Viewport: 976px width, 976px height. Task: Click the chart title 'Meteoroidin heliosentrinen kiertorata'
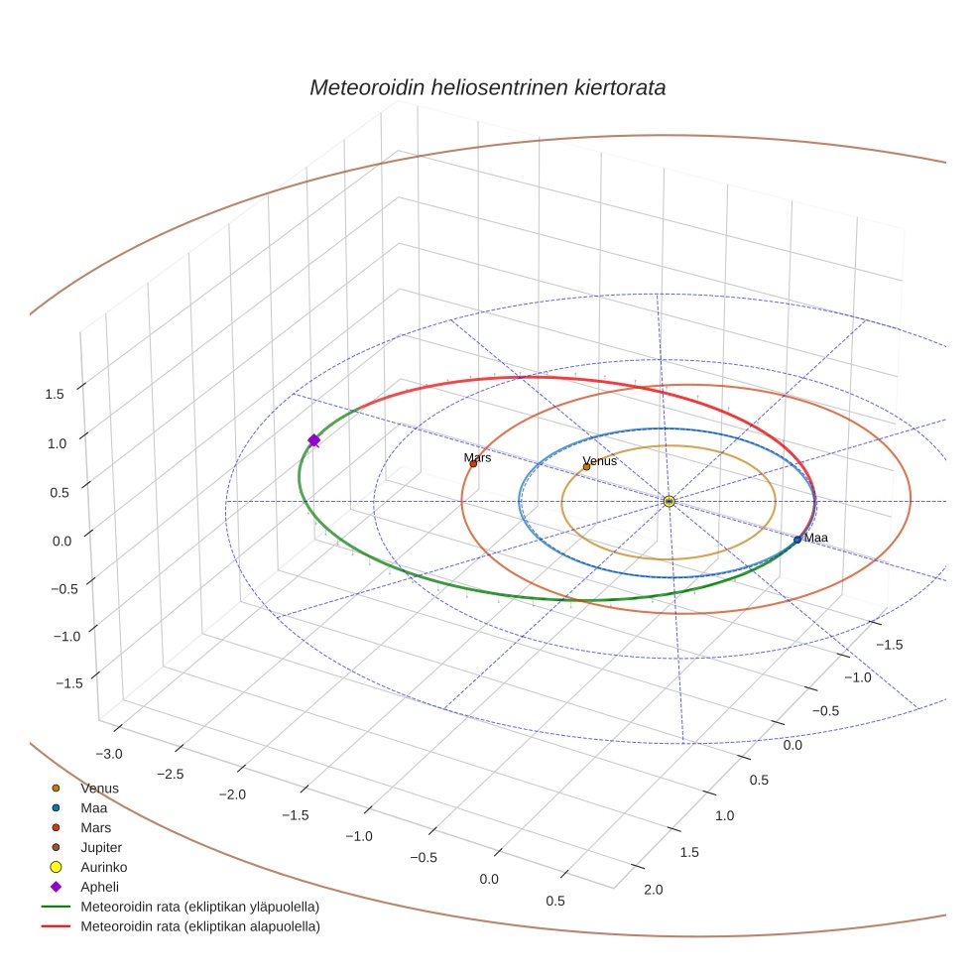click(x=487, y=87)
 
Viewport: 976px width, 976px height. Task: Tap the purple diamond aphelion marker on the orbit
click(x=314, y=440)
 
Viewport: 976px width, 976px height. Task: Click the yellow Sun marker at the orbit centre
click(x=670, y=502)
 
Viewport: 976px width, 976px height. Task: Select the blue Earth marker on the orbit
click(x=797, y=540)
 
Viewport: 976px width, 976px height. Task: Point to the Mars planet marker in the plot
click(x=473, y=463)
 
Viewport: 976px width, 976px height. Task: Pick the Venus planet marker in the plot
click(x=586, y=467)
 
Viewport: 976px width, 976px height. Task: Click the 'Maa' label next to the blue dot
click(x=816, y=538)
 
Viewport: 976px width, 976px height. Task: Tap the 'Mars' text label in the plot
click(x=477, y=457)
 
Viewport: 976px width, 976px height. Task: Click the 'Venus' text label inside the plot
click(x=599, y=461)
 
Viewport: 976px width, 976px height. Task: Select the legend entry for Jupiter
click(x=101, y=847)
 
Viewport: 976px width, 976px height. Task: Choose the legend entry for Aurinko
click(x=103, y=867)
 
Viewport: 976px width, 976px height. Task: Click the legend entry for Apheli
click(x=99, y=887)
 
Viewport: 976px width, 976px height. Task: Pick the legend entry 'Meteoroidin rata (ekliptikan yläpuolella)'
click(x=199, y=907)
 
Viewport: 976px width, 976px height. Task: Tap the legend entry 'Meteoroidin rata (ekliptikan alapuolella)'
click(x=199, y=926)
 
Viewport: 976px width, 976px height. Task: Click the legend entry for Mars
click(x=96, y=827)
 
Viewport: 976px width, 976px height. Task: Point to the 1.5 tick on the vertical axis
click(x=55, y=394)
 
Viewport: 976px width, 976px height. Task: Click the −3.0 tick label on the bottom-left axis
click(x=109, y=754)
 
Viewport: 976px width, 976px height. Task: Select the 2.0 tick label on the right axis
click(x=653, y=890)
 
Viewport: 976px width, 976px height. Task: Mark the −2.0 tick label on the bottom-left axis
click(x=232, y=794)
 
